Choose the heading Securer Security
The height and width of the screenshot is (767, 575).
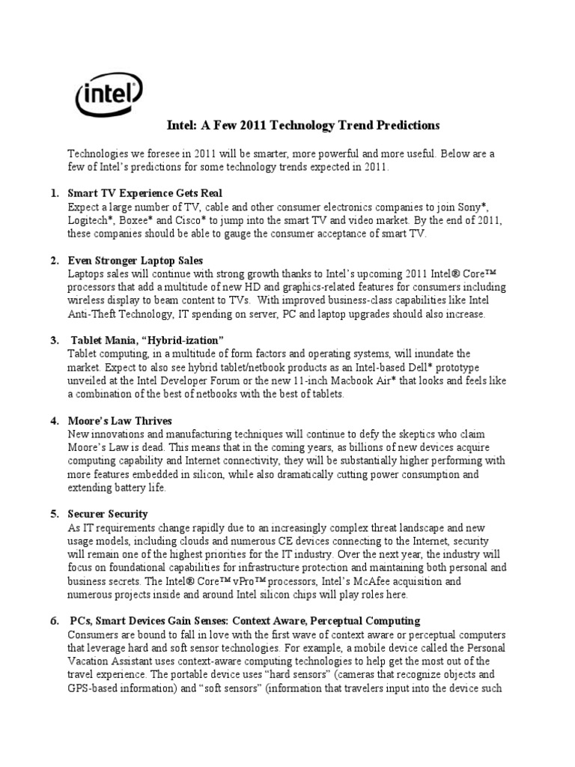click(108, 514)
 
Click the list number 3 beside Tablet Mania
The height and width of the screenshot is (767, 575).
click(55, 341)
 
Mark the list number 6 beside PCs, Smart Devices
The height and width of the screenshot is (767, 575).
click(55, 621)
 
